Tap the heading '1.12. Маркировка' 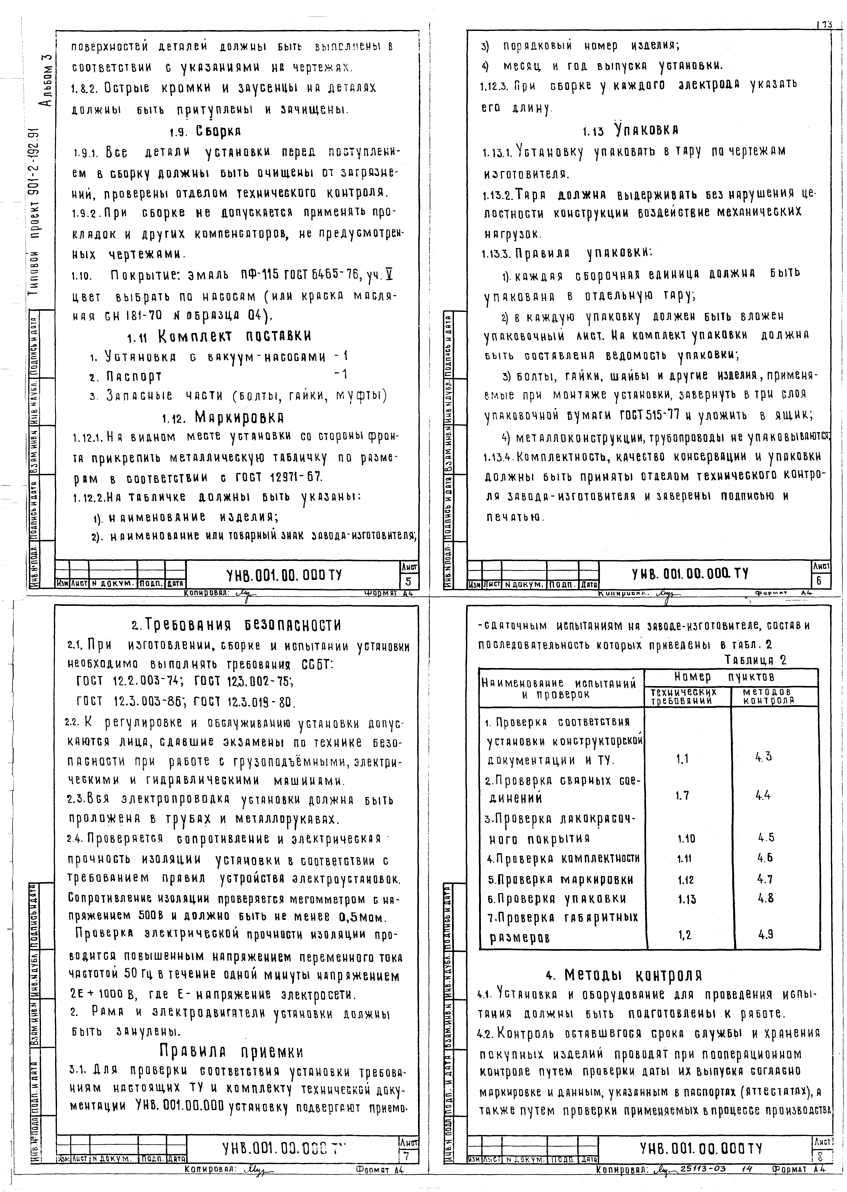tap(223, 418)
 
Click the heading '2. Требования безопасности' tap(236, 625)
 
